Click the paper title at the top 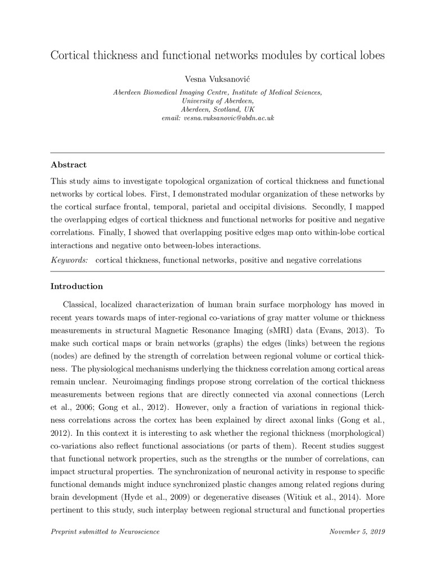point(217,56)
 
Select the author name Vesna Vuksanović point(217,80)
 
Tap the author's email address point(217,118)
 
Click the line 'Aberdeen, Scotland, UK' point(217,109)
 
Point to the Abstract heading point(69,165)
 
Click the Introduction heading point(77,286)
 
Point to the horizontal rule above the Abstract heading point(217,153)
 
